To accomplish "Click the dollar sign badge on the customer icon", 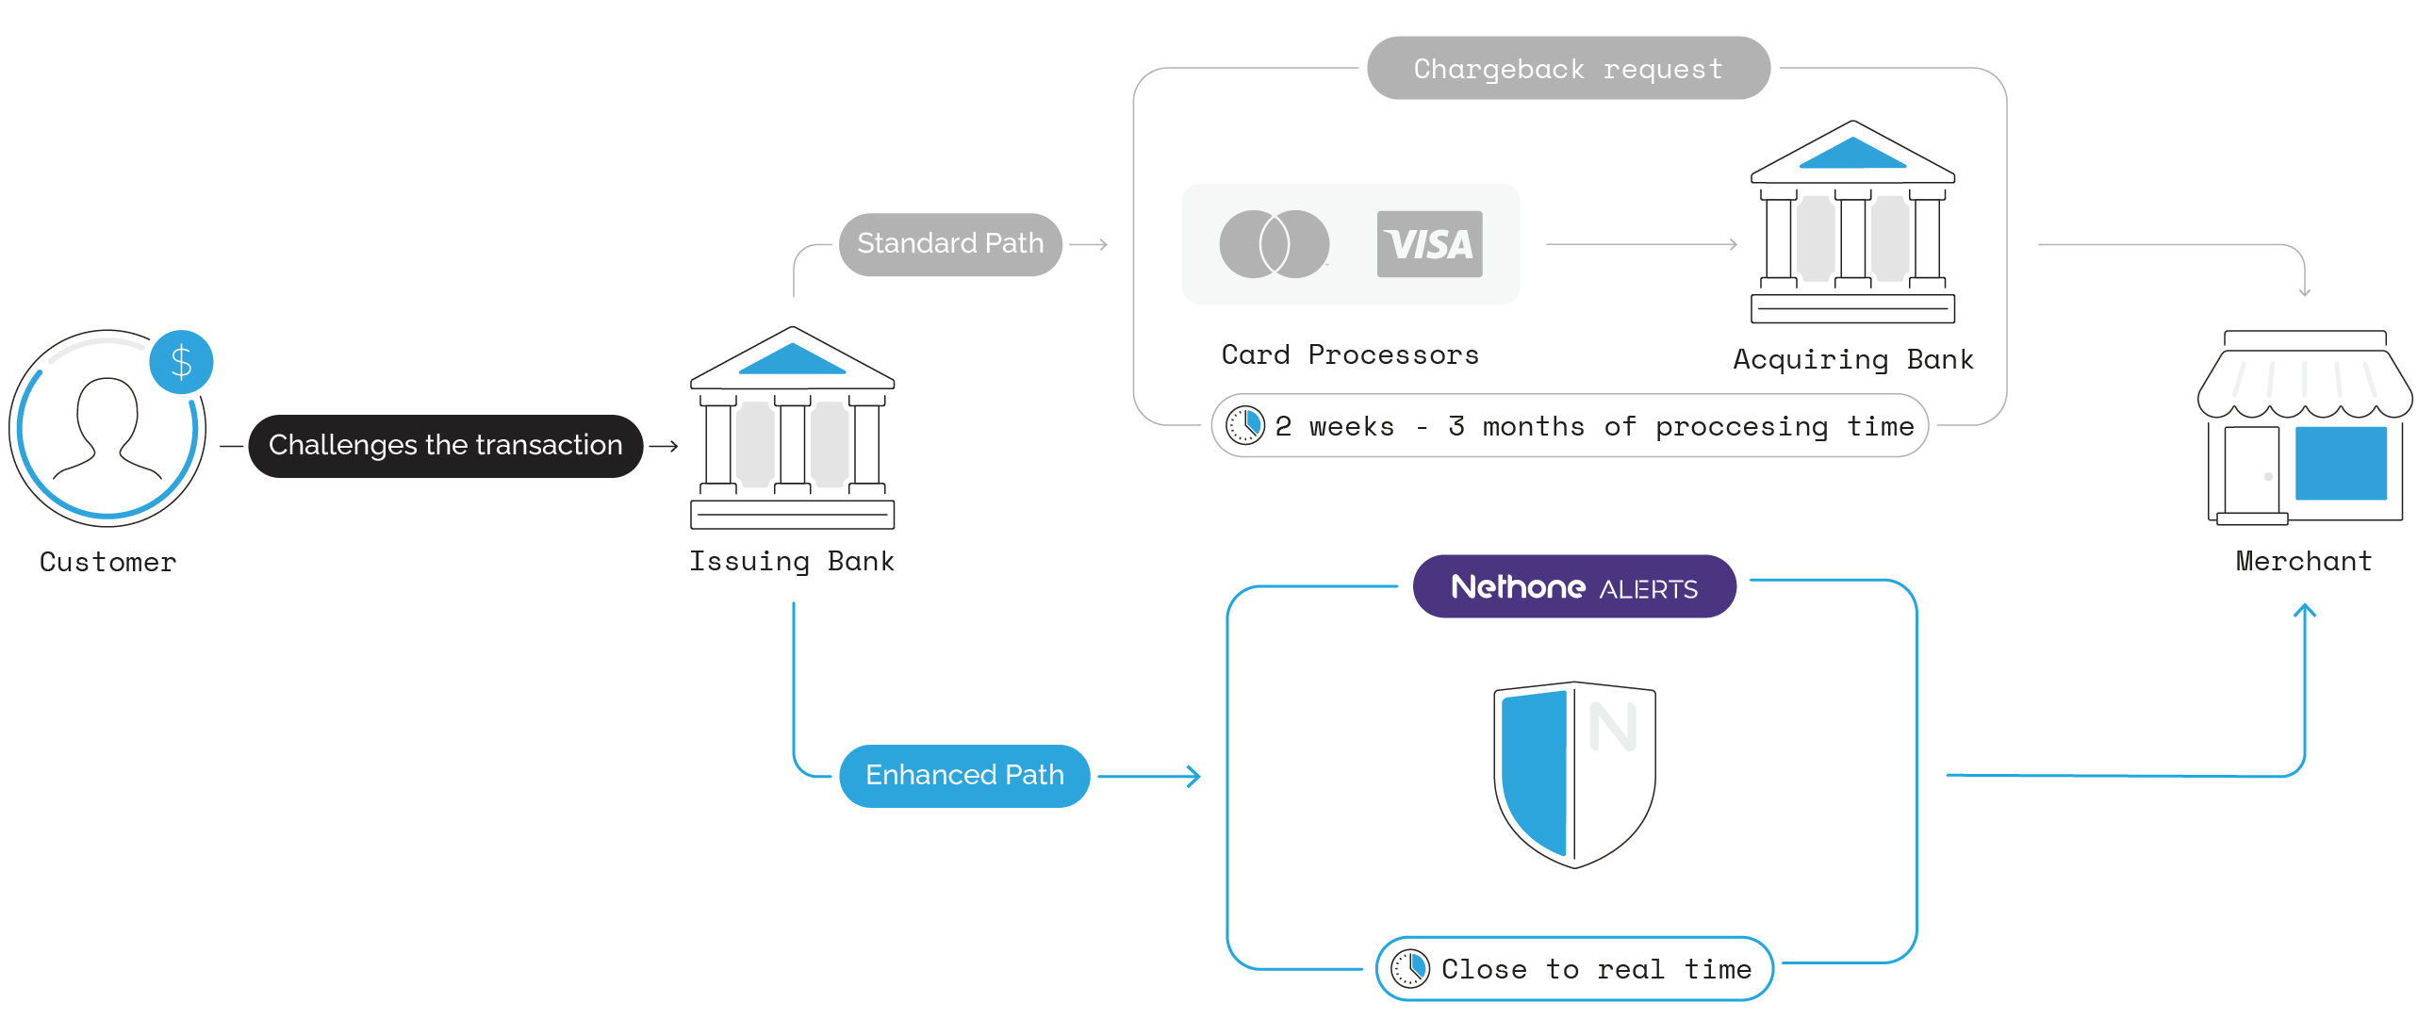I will point(181,362).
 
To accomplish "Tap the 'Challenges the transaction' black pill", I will point(445,445).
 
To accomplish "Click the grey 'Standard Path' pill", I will point(950,244).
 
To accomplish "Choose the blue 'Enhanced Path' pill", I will point(964,775).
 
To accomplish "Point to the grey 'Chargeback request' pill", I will point(1568,69).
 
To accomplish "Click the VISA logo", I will point(1429,244).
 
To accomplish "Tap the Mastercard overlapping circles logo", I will point(1274,244).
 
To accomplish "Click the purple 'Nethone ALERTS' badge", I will point(1574,586).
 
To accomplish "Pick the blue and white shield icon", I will point(1574,773).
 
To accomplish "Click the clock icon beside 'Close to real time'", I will point(1410,968).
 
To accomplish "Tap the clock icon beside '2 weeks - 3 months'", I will point(1244,425).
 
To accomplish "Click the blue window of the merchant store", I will point(2340,463).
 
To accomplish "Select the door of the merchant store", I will point(2251,471).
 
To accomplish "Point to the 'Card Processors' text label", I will point(1350,355).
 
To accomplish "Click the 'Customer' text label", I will point(107,563).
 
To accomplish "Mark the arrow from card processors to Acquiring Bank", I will point(1640,244).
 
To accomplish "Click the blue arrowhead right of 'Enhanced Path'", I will point(1193,776).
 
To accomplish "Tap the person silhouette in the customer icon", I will point(107,429).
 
